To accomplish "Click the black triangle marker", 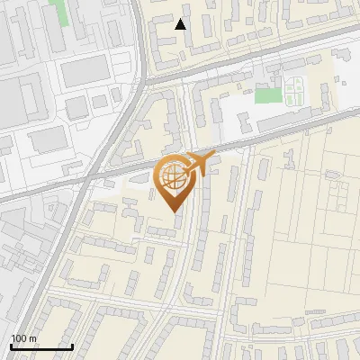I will click(181, 24).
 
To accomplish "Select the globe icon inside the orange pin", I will click(171, 178).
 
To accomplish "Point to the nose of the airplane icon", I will click(214, 157).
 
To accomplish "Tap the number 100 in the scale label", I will click(19, 338).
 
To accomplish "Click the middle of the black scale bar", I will click(41, 346).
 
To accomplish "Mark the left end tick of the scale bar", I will click(11, 346).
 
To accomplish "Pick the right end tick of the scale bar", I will click(72, 346).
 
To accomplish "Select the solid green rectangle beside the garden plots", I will click(267, 95).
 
